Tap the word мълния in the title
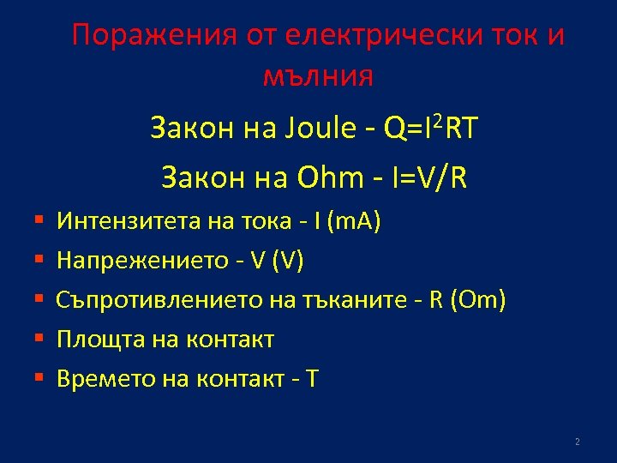click(x=317, y=77)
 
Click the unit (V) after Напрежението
click(x=286, y=262)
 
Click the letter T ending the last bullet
click(x=311, y=378)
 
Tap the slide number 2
click(x=577, y=442)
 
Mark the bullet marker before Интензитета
click(x=39, y=223)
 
